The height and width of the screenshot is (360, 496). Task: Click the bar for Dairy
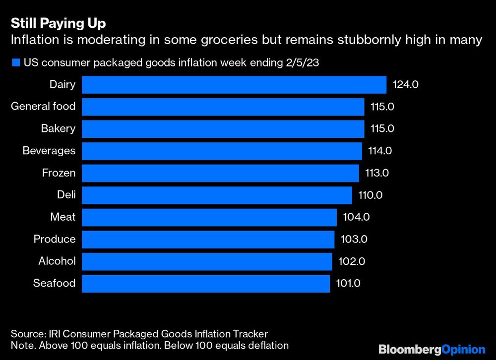tap(234, 85)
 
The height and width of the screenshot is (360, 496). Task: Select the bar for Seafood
tap(205, 284)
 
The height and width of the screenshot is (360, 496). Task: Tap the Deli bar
tap(217, 195)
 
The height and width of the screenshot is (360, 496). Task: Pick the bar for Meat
tap(209, 217)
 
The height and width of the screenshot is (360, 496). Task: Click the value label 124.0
tap(406, 85)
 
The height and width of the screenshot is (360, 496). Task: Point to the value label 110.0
tap(370, 195)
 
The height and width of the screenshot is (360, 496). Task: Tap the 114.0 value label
tap(380, 151)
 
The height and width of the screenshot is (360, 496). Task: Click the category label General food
tap(43, 106)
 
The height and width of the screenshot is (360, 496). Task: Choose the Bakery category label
tap(58, 128)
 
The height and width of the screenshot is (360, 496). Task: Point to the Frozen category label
tap(59, 173)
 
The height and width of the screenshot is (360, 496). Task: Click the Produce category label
tap(55, 239)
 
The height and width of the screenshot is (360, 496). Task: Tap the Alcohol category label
tap(57, 261)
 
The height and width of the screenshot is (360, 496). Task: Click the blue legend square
tap(15, 62)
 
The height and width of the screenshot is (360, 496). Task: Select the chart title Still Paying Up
tap(59, 23)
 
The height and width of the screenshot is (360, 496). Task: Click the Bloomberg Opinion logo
tap(432, 349)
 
